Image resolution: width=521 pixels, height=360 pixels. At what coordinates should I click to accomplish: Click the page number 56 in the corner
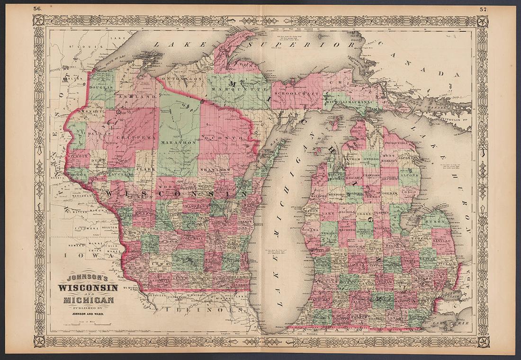(37, 8)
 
